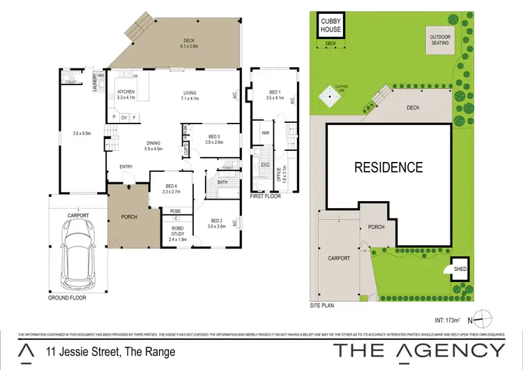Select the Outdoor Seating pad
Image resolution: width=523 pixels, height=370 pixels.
pos(439,39)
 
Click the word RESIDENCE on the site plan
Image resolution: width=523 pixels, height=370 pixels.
pos(388,168)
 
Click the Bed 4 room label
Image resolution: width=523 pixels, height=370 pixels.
pos(171,187)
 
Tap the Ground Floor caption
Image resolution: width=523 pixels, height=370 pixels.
pos(68,297)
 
